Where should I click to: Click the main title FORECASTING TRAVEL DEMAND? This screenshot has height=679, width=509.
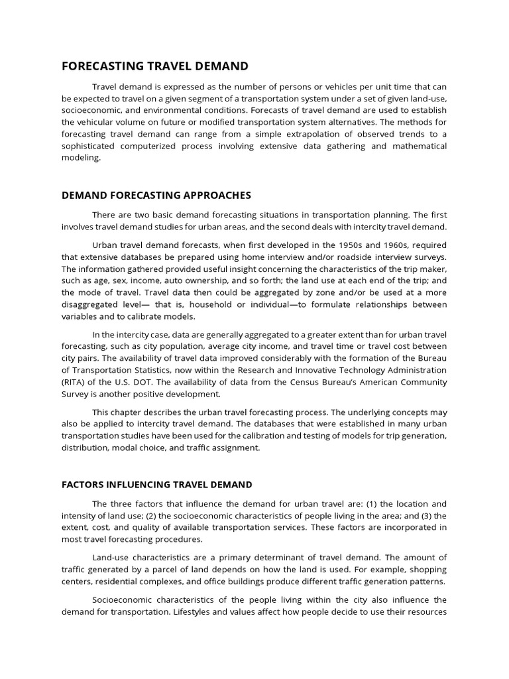[x=155, y=66]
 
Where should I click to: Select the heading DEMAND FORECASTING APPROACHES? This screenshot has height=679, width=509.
[x=156, y=195]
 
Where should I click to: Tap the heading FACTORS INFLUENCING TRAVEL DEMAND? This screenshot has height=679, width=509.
[x=157, y=485]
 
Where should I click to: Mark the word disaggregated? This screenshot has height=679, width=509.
[x=96, y=304]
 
